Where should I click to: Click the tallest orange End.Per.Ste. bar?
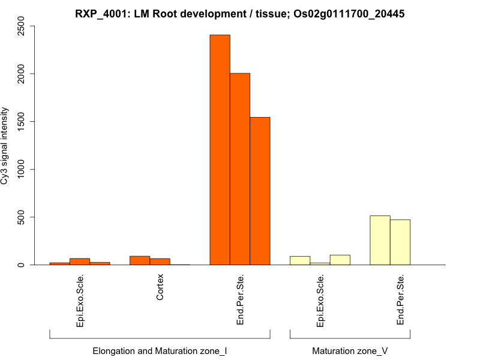tap(220, 150)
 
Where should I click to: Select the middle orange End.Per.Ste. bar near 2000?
tap(240, 169)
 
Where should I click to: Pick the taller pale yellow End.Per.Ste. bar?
tap(380, 240)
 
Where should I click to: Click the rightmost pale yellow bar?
tap(400, 242)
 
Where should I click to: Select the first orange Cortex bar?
tap(140, 260)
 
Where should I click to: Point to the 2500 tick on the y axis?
tap(22, 26)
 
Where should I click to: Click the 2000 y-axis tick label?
tap(22, 74)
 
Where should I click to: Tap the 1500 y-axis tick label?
tap(22, 122)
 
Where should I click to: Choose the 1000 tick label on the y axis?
tap(22, 169)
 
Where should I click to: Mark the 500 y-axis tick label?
tap(22, 217)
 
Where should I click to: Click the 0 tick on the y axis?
tap(22, 265)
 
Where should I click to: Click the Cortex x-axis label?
tap(160, 287)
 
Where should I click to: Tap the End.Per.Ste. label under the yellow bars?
tap(400, 300)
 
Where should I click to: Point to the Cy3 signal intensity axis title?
tap(5, 146)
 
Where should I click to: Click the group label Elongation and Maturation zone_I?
tap(160, 350)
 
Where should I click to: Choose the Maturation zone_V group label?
tap(350, 350)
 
